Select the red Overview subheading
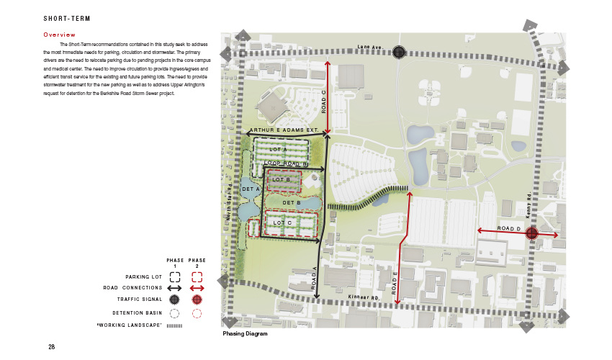click(x=59, y=35)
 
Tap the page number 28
click(x=52, y=347)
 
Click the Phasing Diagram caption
click(x=246, y=334)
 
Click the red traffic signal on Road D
click(x=531, y=233)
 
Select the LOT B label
click(x=281, y=179)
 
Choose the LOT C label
click(x=282, y=223)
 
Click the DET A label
click(x=252, y=189)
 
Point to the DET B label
click(x=291, y=203)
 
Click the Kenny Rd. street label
click(x=528, y=206)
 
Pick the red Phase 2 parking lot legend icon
click(x=196, y=276)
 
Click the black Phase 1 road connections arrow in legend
click(x=175, y=288)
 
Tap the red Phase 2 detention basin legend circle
click(x=196, y=313)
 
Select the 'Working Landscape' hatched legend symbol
click(x=175, y=325)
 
